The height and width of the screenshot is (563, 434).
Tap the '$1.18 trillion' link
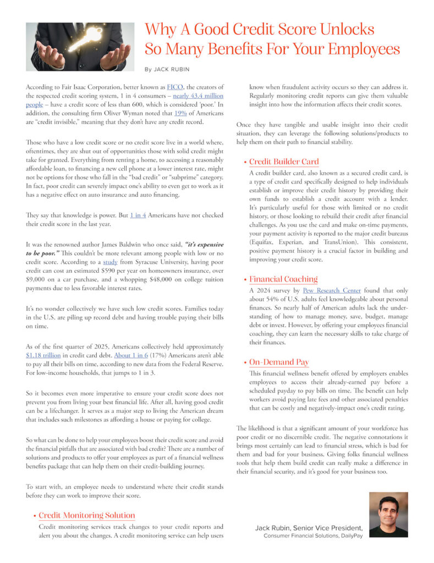pyautogui.click(x=43, y=356)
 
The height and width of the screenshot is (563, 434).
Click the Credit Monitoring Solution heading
pyautogui.click(x=86, y=515)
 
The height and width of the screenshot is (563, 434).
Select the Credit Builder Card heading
pyautogui.click(x=283, y=162)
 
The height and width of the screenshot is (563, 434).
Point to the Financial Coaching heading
pyautogui.click(x=283, y=279)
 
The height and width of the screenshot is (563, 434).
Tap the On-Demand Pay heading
pyautogui.click(x=279, y=362)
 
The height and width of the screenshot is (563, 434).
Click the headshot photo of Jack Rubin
pyautogui.click(x=388, y=515)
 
